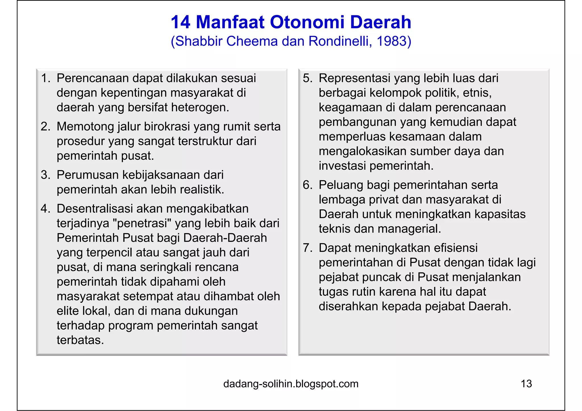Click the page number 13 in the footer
tap(526, 384)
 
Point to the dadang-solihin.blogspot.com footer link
tap(291, 384)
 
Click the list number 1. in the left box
tap(46, 78)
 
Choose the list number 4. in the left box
tap(46, 209)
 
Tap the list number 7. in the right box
tap(308, 248)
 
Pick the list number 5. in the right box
tap(308, 78)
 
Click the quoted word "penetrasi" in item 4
tap(142, 223)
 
